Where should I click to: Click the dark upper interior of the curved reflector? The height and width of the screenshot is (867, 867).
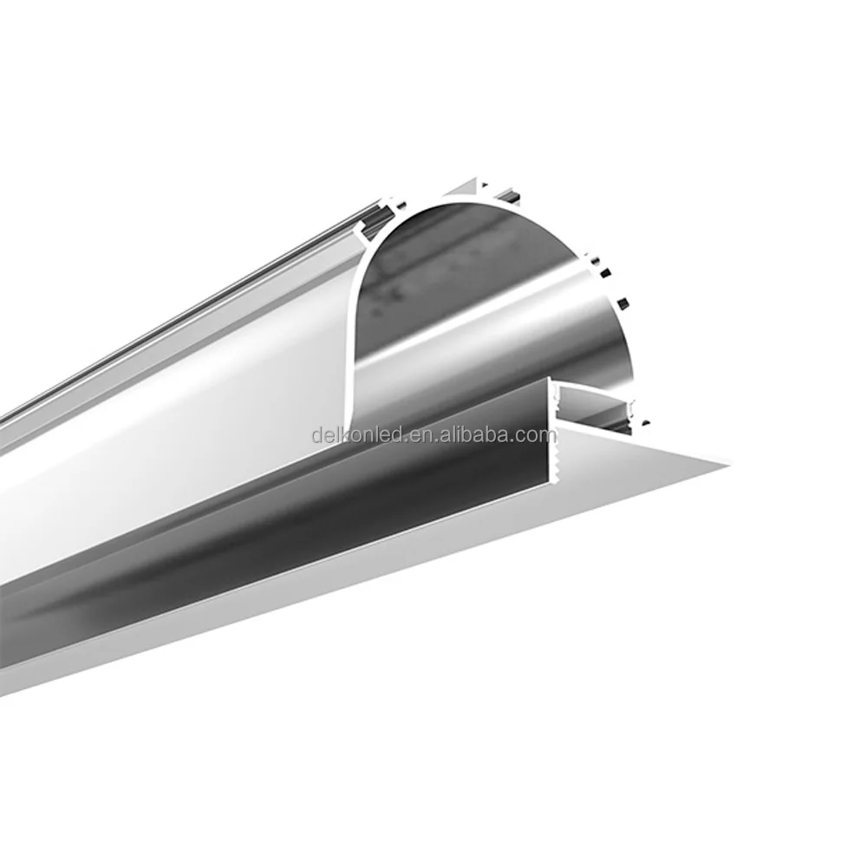tap(451, 260)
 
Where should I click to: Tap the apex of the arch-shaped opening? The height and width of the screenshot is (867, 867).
tap(468, 201)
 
